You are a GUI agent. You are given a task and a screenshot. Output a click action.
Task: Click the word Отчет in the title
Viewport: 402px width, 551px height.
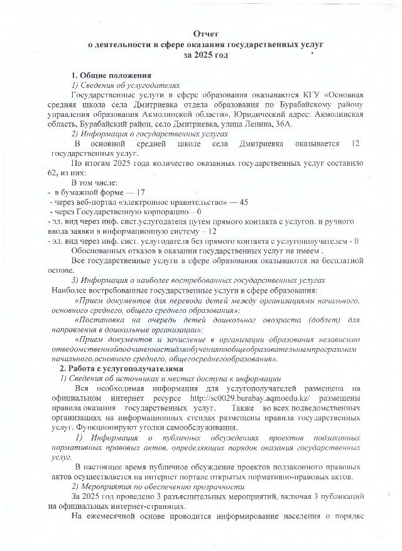tap(202, 32)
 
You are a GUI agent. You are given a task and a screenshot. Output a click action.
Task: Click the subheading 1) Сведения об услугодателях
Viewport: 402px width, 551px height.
tap(126, 85)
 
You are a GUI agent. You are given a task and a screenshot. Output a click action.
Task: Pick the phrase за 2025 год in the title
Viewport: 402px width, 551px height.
tap(202, 55)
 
